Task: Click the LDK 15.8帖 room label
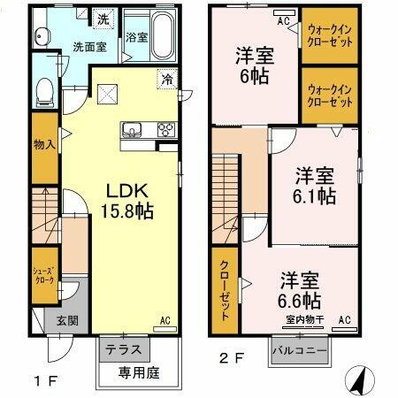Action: [131, 202]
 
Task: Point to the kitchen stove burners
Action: [165, 130]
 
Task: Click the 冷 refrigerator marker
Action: [167, 80]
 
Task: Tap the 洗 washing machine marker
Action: [104, 18]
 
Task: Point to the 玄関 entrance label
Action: [55, 321]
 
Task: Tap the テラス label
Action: [123, 349]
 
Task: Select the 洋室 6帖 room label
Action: [254, 64]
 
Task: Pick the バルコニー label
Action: [301, 351]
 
